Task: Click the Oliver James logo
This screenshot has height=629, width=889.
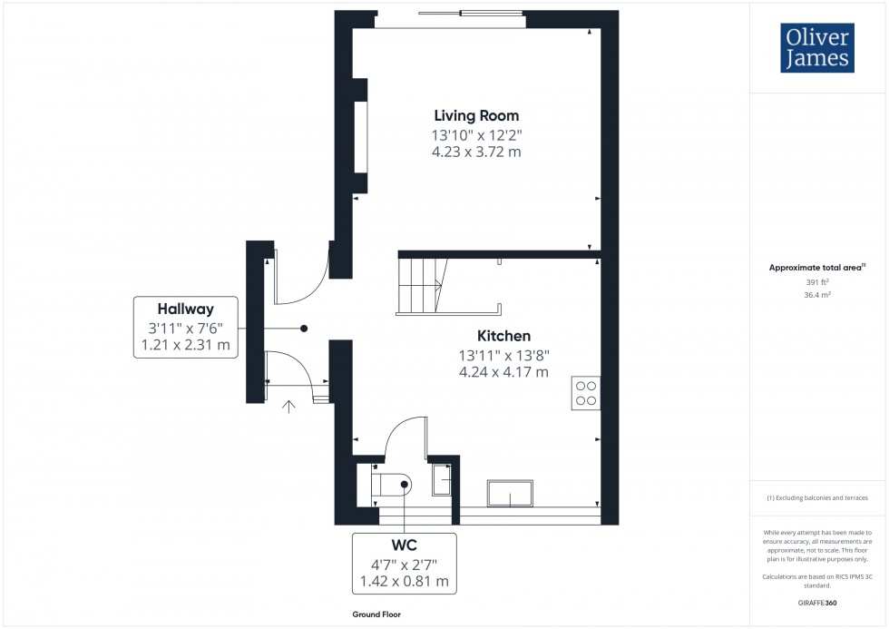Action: pos(816,47)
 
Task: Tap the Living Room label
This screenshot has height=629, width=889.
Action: pos(476,115)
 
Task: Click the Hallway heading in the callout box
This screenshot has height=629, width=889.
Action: pos(186,309)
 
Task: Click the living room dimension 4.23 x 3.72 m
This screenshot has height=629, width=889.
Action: pos(476,152)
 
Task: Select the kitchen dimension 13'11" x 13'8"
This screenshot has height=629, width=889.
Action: pos(503,354)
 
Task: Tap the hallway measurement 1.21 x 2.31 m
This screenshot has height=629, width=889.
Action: pos(186,346)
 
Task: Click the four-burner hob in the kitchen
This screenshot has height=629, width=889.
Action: pos(585,392)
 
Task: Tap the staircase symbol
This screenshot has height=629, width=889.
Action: pos(419,284)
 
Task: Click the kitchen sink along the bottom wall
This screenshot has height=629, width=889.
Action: pos(510,492)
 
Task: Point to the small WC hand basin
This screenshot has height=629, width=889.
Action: pos(441,479)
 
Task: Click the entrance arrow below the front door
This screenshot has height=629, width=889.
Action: pos(289,407)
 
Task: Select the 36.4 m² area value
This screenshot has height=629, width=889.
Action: pos(818,294)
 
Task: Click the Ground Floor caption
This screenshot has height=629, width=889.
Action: pos(377,614)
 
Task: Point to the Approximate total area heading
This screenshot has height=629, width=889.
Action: pos(816,267)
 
